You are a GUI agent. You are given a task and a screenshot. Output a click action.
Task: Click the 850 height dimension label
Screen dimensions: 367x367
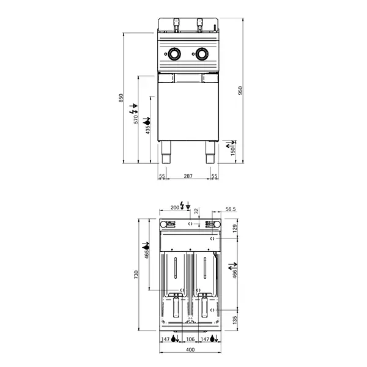(x=121, y=98)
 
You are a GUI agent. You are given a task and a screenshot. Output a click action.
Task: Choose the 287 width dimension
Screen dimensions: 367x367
(x=188, y=176)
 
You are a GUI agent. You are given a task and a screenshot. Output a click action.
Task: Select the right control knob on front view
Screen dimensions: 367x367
(x=201, y=54)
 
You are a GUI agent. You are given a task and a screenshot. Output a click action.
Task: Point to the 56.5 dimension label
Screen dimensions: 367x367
(x=231, y=209)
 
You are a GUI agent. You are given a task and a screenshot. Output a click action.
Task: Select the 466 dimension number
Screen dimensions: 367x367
(x=235, y=274)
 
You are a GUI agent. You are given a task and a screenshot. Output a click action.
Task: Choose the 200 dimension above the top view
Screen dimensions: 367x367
(x=174, y=208)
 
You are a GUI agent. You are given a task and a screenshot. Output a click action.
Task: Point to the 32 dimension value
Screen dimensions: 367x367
(x=196, y=212)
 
